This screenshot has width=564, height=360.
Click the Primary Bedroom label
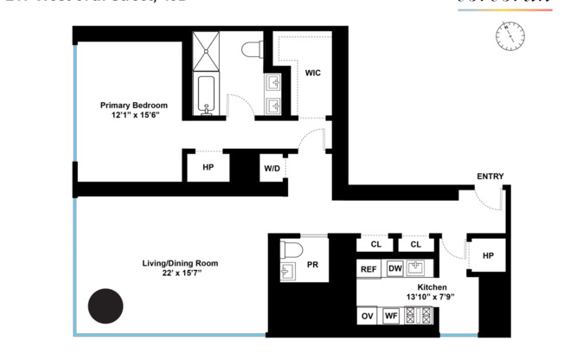click(132, 105)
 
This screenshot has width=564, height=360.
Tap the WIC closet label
click(312, 73)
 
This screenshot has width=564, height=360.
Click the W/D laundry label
click(272, 168)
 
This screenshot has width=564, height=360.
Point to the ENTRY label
click(490, 177)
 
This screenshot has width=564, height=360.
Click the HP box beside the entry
click(487, 255)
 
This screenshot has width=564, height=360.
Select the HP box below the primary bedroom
click(208, 167)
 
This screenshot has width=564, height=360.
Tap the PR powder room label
click(312, 265)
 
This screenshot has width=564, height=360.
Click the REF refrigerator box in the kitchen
click(369, 269)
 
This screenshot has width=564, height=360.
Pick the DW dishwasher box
click(394, 269)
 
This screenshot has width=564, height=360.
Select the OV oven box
click(368, 316)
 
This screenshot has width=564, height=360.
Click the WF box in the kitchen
click(391, 316)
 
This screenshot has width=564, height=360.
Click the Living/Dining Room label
click(180, 263)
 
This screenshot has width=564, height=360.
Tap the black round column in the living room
click(106, 305)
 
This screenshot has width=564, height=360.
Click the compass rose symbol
click(511, 35)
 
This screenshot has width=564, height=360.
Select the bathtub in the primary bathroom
click(206, 95)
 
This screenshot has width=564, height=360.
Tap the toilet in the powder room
click(290, 250)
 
